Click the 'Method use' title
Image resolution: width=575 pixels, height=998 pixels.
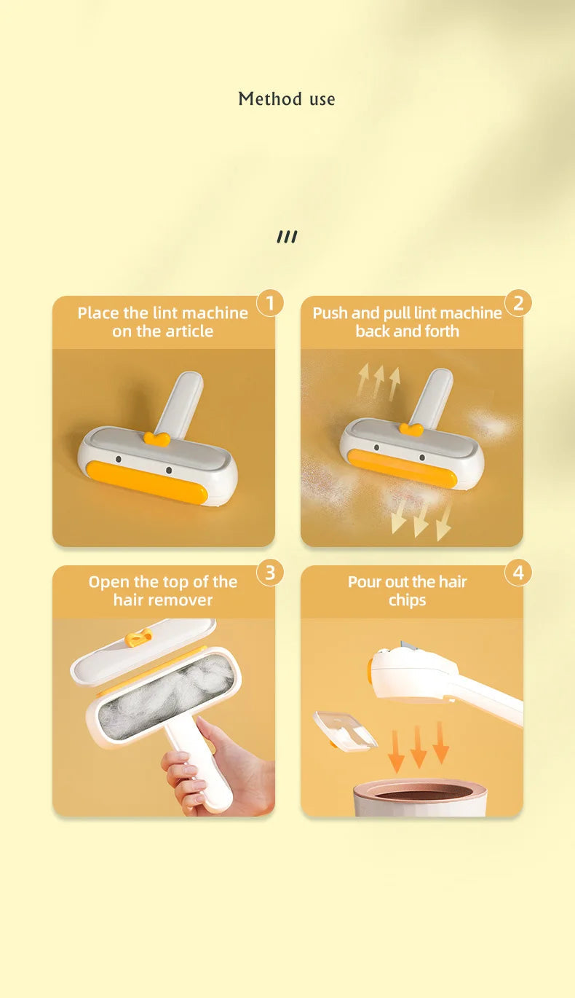[287, 99]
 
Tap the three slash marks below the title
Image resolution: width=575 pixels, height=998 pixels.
[287, 237]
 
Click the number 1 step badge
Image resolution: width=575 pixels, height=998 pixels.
[270, 303]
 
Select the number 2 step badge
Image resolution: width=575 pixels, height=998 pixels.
[518, 303]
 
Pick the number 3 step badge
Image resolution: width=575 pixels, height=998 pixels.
[270, 573]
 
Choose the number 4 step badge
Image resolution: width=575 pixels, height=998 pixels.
[518, 573]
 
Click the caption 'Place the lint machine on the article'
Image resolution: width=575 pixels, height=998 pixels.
[162, 322]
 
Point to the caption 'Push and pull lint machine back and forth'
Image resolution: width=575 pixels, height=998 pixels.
[407, 322]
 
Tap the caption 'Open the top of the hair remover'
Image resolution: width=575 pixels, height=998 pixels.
[162, 591]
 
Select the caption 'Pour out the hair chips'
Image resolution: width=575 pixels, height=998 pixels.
[407, 591]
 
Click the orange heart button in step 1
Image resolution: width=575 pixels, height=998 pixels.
[156, 439]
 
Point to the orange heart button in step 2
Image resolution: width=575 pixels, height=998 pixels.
[411, 429]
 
